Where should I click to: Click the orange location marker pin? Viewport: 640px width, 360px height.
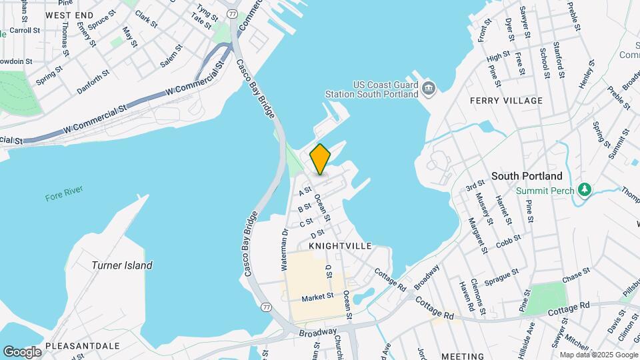(320, 159)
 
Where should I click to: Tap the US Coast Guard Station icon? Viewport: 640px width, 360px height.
(429, 87)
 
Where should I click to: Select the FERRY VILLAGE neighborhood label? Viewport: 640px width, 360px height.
(506, 101)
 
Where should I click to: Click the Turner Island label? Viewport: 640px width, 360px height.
(122, 265)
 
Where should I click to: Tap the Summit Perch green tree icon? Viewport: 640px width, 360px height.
(585, 190)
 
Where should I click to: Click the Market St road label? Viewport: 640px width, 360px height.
(317, 298)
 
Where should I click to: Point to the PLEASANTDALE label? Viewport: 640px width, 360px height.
(89, 346)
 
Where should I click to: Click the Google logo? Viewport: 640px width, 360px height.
(22, 351)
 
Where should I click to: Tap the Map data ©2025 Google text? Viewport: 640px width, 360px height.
(597, 355)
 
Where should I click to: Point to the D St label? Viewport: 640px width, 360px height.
(317, 234)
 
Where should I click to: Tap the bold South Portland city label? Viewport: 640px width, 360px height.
(527, 176)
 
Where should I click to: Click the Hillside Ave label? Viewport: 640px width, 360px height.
(531, 337)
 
